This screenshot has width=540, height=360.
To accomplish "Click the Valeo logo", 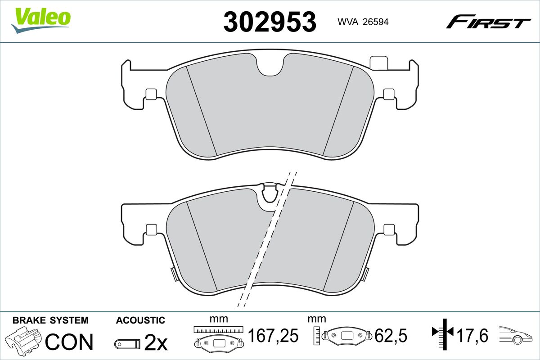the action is pos(41,21).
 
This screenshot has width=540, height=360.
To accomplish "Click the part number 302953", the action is pos(270,22).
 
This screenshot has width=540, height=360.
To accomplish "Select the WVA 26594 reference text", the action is pos(363,22).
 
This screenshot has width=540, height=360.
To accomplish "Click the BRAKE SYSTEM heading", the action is pos(50,320).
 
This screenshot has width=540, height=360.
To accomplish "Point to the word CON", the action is pos(69,342).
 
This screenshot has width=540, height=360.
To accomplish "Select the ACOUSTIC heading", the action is pos(140,320).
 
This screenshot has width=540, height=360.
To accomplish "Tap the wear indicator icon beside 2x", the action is pos(127,344).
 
